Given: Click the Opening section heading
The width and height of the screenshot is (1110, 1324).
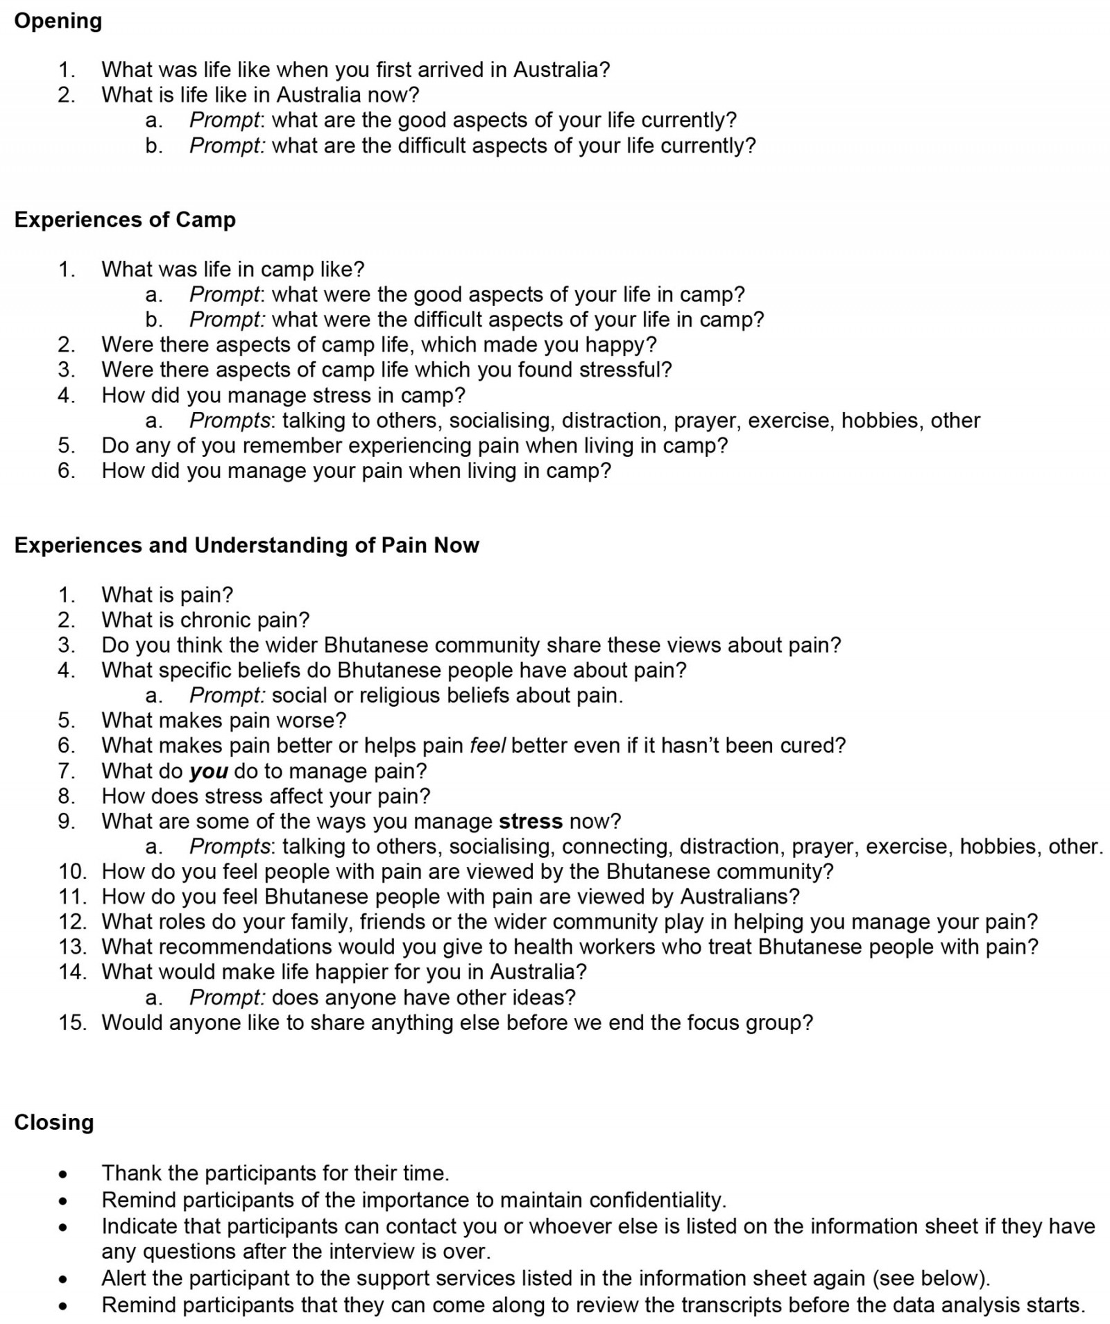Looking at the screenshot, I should point(58,22).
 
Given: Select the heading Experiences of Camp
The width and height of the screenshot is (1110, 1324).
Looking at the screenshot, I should point(125,220).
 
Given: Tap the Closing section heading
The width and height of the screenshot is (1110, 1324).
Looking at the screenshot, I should point(53,1122).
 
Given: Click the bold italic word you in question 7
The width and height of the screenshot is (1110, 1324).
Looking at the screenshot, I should point(209,771).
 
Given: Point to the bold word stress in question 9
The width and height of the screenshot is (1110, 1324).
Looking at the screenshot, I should point(531,821).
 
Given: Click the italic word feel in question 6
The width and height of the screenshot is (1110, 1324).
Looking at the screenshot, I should point(488,746).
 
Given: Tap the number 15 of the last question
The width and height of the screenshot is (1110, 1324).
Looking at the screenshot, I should point(72,1022).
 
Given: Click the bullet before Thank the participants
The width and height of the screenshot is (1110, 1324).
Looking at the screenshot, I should point(64,1174).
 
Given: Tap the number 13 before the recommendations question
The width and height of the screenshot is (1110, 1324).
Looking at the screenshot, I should point(72,947).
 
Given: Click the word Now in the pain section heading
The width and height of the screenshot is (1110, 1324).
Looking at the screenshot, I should point(456,546).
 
